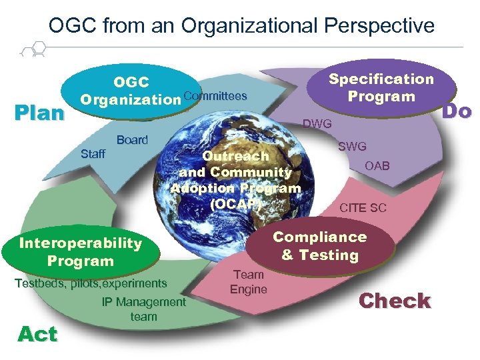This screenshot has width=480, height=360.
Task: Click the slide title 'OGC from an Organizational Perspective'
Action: tap(241, 26)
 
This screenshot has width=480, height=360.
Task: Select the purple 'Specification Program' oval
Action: tap(381, 87)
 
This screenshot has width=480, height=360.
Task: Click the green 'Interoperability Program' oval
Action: tap(81, 252)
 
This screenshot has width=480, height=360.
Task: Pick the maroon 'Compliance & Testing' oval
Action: tap(319, 246)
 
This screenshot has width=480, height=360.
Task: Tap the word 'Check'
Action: tap(395, 301)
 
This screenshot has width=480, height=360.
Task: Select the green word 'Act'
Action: tap(37, 333)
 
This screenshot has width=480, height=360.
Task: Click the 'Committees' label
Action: tap(214, 97)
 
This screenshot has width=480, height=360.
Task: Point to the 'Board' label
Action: tap(132, 140)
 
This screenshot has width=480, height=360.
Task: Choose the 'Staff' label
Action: tap(93, 155)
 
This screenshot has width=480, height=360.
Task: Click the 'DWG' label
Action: tap(317, 123)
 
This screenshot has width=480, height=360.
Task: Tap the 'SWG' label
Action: tap(352, 147)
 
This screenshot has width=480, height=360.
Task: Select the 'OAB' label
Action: tap(377, 166)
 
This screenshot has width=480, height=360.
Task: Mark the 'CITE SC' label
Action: tap(363, 208)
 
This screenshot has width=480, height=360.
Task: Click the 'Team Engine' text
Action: tap(248, 282)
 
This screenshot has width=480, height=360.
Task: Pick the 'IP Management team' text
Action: tap(143, 309)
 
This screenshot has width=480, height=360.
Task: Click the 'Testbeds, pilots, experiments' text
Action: tap(91, 283)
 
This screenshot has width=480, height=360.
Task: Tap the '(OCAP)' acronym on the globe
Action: tap(234, 204)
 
